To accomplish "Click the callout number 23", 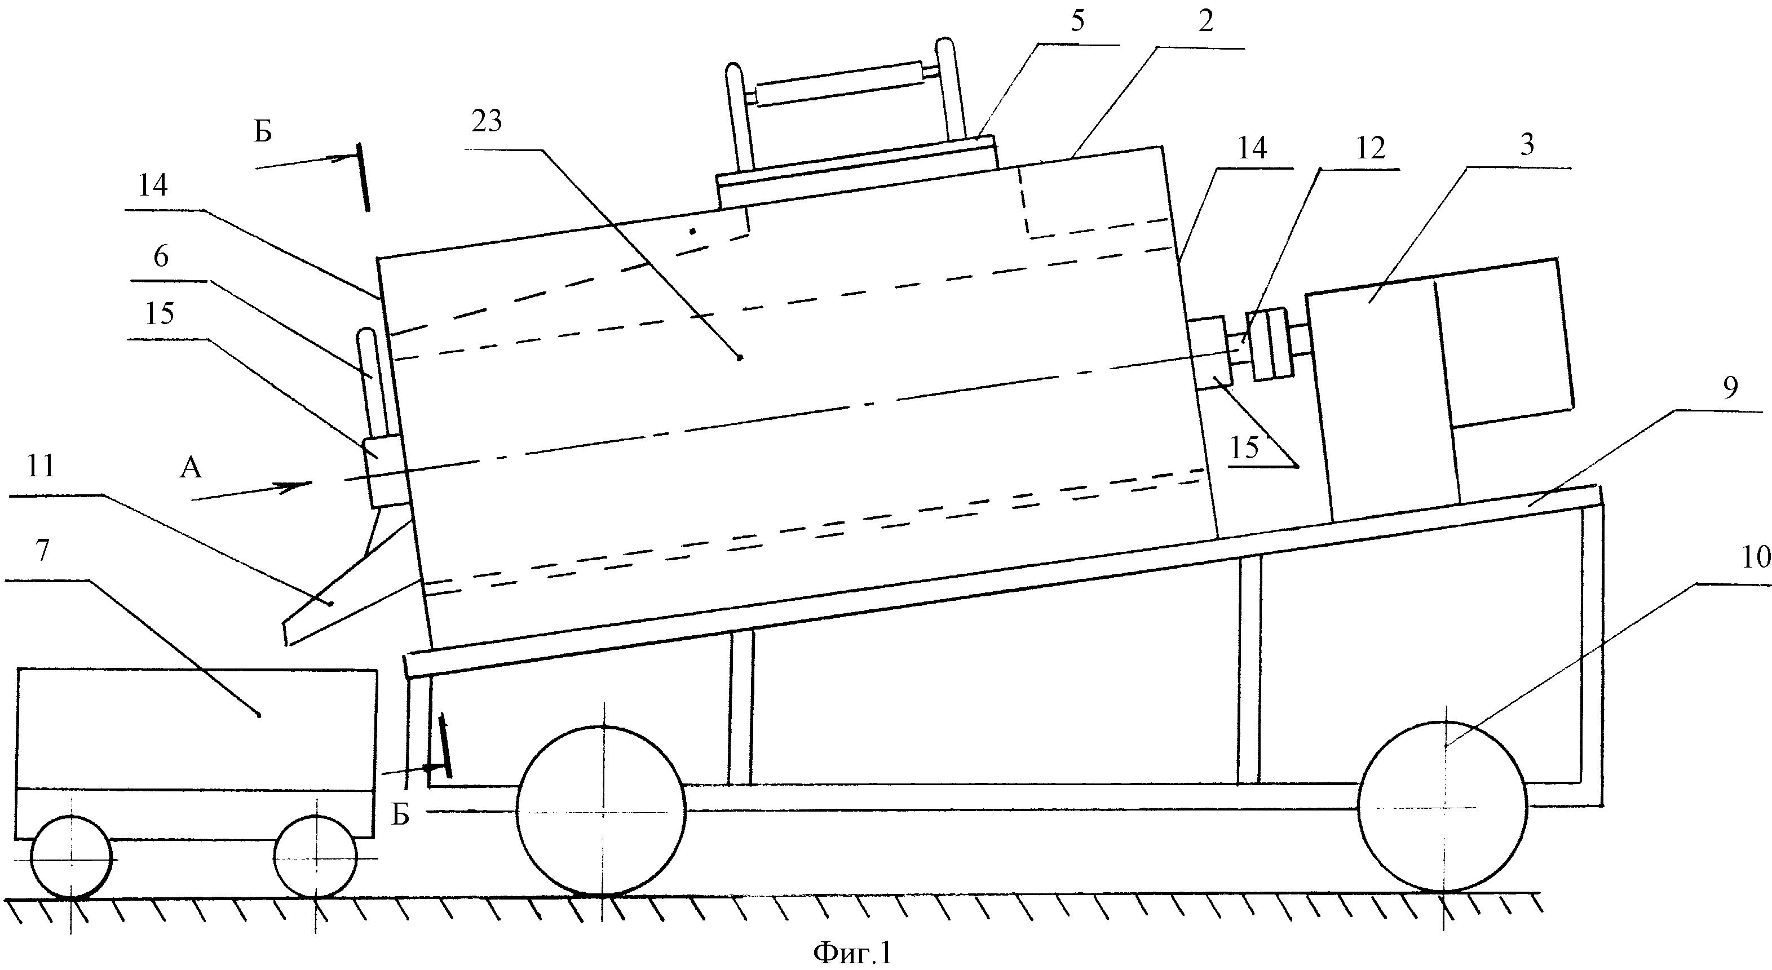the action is coord(487,122).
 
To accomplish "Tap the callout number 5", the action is coord(1078,21).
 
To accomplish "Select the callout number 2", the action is coord(1206,22).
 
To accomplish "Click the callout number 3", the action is coord(1527,145).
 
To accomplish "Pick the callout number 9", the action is coord(1730,388).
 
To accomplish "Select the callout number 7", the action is coord(43,551).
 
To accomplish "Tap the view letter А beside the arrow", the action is coord(191,469).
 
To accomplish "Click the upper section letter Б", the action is coord(263,131).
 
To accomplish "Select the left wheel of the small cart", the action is coord(72,857).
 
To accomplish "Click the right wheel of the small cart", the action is coord(316,857).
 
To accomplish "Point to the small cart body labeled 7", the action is coord(197,754).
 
